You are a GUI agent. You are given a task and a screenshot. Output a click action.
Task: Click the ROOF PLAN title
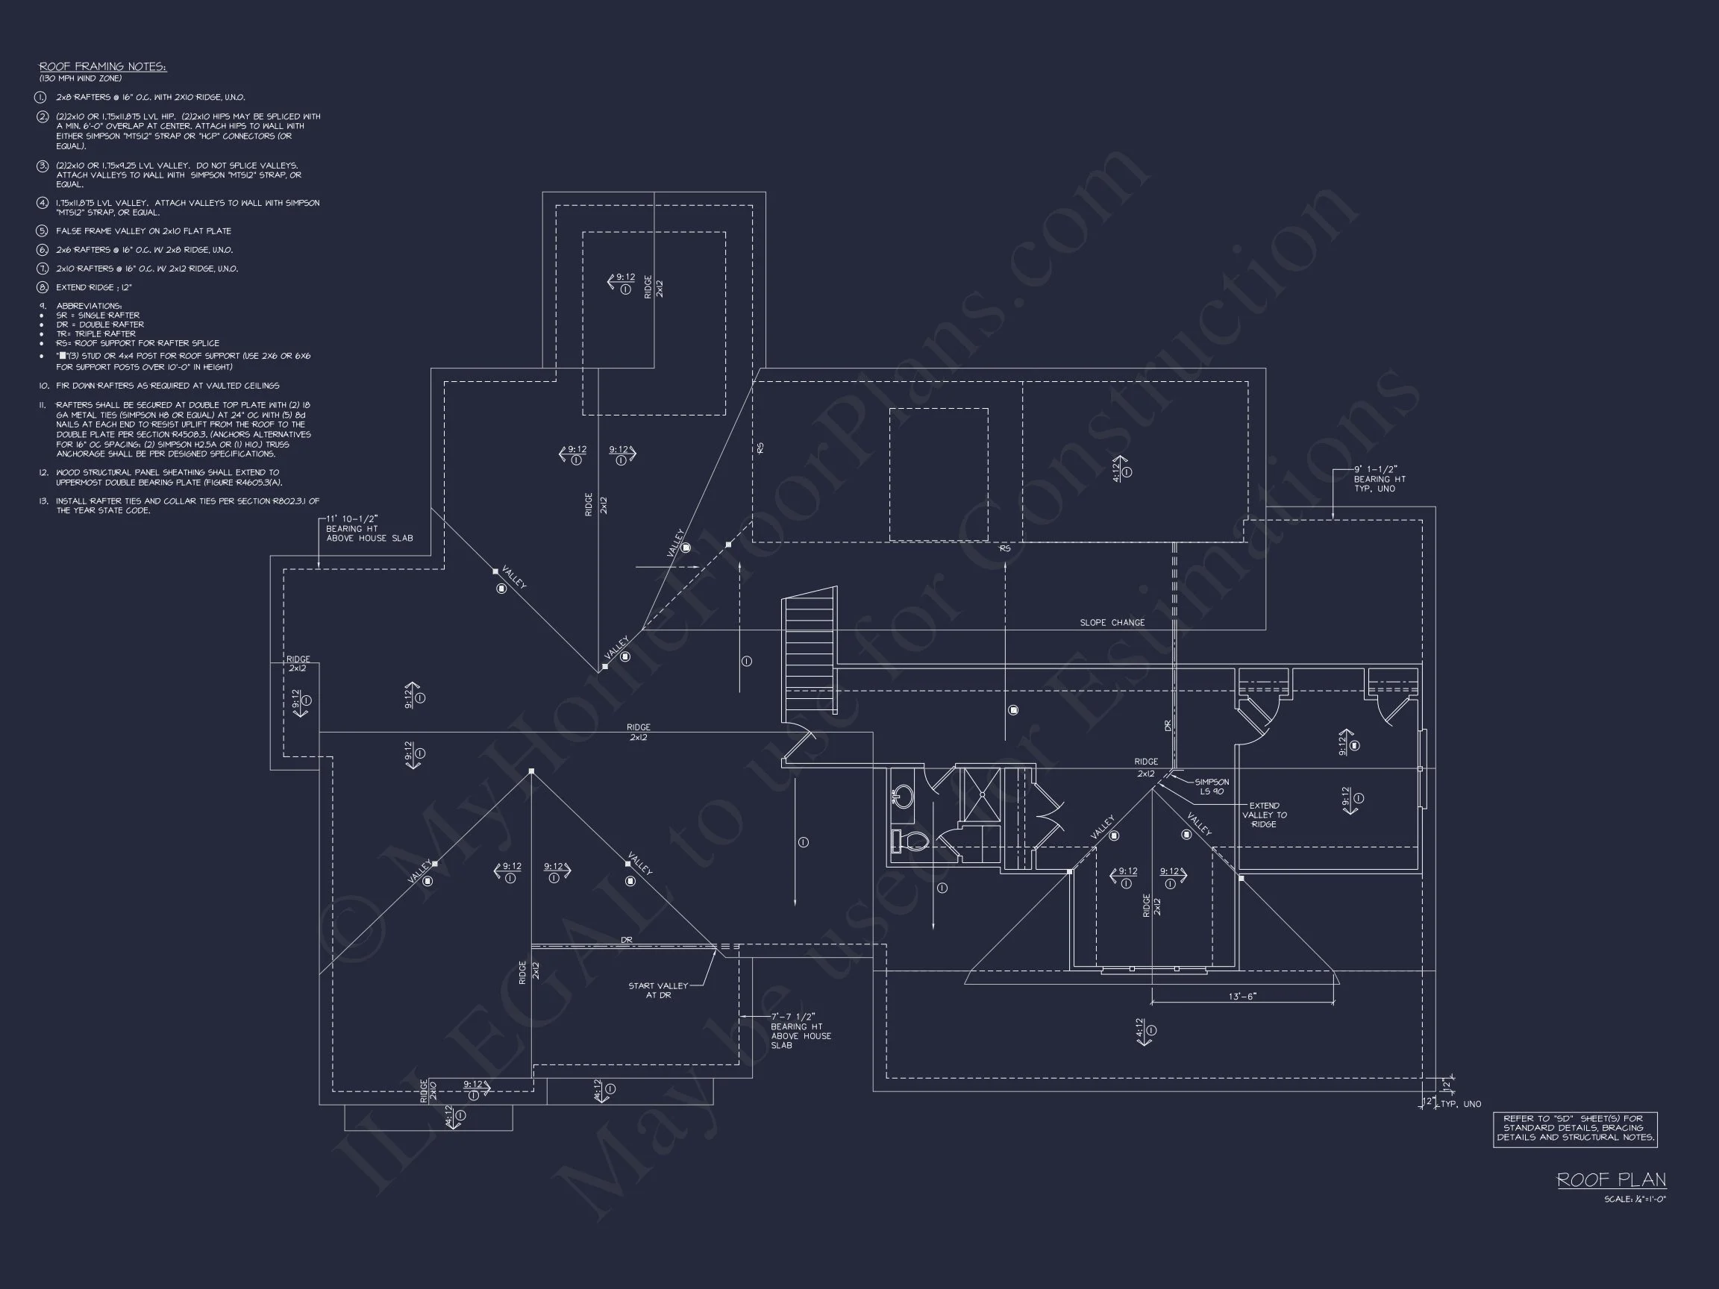pos(1611,1180)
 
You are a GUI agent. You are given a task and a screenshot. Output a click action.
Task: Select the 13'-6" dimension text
pos(1241,996)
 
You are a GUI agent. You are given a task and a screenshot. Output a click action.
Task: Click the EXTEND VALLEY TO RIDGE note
pos(1264,815)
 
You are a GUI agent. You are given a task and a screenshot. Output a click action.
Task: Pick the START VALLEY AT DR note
pos(657,990)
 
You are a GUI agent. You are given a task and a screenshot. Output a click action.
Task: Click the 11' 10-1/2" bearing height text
pos(369,528)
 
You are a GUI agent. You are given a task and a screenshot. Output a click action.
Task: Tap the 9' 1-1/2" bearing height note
pos(1379,479)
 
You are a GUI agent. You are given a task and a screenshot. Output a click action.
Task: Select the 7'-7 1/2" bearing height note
pos(800,1030)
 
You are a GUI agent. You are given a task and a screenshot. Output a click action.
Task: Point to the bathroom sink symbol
pos(902,796)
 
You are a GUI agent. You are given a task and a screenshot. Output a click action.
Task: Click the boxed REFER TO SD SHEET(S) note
pos(1574,1128)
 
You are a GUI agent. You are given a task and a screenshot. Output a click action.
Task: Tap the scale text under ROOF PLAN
pos(1634,1199)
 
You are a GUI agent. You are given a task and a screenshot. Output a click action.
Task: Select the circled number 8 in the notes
pos(43,287)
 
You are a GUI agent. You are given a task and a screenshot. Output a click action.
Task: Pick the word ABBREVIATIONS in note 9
pos(89,306)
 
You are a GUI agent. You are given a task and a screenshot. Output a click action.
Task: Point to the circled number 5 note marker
pos(43,230)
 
